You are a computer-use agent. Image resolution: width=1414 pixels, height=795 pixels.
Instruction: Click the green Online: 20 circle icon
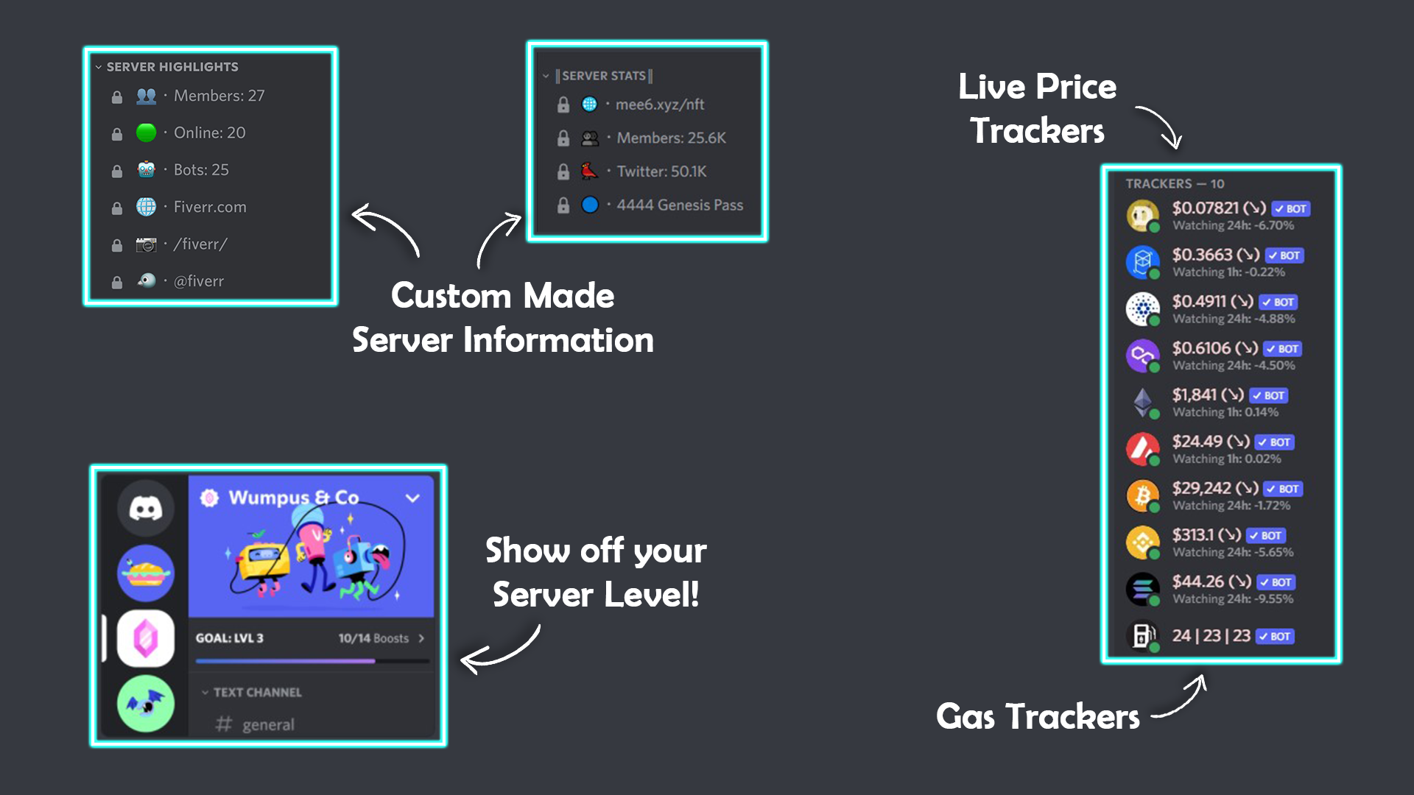pos(146,132)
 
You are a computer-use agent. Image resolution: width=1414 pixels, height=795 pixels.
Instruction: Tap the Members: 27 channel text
pos(219,96)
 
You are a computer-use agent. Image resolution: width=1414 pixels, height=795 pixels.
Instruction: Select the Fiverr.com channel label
pos(210,207)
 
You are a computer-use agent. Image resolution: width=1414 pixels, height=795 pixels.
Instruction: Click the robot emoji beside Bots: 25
pos(146,169)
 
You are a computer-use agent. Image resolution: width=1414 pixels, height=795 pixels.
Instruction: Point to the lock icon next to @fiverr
pos(116,282)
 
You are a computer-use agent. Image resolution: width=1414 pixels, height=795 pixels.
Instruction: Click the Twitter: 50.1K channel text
pos(661,172)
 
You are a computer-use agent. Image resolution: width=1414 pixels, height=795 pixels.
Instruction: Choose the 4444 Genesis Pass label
pos(679,205)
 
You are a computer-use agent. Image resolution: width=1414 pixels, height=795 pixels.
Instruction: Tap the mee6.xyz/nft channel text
pos(659,105)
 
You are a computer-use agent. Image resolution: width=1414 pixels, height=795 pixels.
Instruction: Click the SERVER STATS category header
pos(604,76)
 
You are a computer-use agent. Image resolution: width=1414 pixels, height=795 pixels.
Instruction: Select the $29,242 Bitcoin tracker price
pos(1201,488)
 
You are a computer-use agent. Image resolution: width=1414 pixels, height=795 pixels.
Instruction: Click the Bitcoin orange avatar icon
pos(1142,495)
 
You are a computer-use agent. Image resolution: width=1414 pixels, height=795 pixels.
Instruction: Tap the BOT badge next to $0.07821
pos(1291,209)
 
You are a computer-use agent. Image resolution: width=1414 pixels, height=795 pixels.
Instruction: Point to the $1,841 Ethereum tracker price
pos(1194,395)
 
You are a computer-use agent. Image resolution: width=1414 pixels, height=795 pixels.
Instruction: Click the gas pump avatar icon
pos(1142,635)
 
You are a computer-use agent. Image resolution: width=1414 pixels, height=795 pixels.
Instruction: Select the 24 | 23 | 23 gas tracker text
pos(1211,635)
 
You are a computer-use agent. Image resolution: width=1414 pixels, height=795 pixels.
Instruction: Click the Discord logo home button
pos(146,508)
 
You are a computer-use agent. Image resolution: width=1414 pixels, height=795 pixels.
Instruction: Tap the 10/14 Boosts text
pos(373,638)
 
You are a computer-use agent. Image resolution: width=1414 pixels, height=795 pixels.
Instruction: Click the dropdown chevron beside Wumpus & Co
pos(412,498)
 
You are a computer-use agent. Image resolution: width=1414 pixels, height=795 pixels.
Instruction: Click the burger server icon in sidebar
pos(146,573)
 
